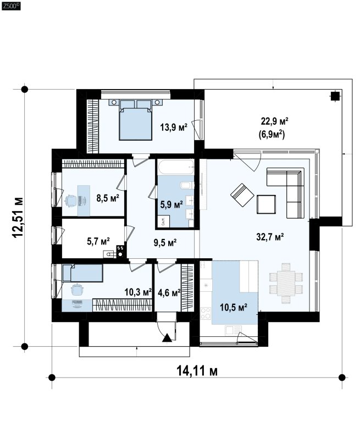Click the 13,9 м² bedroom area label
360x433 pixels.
[x=174, y=127]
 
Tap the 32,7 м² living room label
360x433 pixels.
[x=270, y=237]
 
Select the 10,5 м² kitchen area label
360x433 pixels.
[x=234, y=307]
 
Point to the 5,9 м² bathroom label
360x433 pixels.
[x=171, y=204]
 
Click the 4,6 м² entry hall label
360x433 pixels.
[x=169, y=292]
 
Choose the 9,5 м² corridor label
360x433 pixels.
[x=165, y=242]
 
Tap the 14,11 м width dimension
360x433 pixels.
[x=197, y=371]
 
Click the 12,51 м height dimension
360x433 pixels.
[x=18, y=217]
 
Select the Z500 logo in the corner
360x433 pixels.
[x=11, y=6]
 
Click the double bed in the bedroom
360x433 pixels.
[x=135, y=120]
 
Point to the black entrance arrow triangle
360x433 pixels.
[x=167, y=338]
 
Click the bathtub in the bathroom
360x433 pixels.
[x=176, y=167]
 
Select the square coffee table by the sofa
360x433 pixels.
[x=267, y=204]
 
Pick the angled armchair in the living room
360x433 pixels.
[x=242, y=195]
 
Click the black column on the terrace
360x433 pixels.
[x=335, y=96]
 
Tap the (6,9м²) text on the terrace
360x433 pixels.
[x=272, y=135]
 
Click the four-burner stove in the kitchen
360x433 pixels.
[x=206, y=313]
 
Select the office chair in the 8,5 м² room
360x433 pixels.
[x=71, y=201]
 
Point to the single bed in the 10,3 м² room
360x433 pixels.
[x=82, y=273]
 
